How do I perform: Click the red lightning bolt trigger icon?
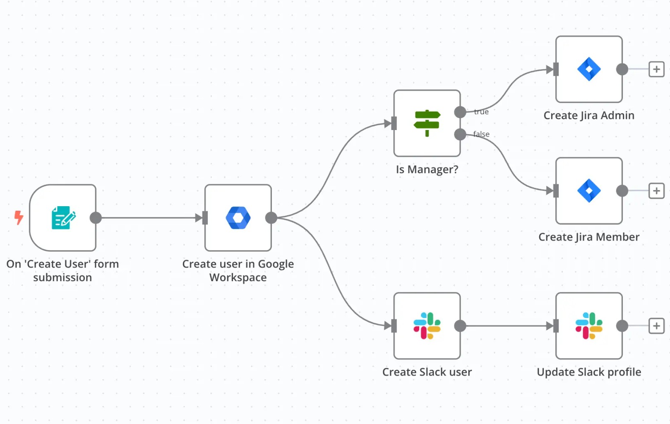tap(19, 217)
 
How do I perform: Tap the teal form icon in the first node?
tap(63, 218)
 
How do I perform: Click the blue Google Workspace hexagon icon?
tap(238, 218)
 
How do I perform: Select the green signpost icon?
tap(427, 123)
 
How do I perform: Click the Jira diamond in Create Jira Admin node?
tap(589, 69)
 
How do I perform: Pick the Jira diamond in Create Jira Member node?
tap(589, 190)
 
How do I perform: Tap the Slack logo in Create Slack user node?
tap(427, 326)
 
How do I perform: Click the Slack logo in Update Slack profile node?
tap(589, 326)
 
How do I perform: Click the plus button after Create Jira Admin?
tap(656, 69)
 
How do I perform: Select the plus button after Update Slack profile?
tap(656, 326)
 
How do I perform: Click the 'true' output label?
tap(481, 112)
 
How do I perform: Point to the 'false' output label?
tap(481, 134)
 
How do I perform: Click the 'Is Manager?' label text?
tap(427, 169)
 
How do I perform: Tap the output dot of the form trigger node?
tap(96, 218)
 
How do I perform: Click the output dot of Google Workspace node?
tap(271, 218)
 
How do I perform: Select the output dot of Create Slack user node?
tap(460, 326)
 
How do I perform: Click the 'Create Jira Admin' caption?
tap(589, 116)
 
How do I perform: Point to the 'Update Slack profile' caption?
tap(589, 372)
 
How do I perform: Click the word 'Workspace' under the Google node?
tap(238, 277)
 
